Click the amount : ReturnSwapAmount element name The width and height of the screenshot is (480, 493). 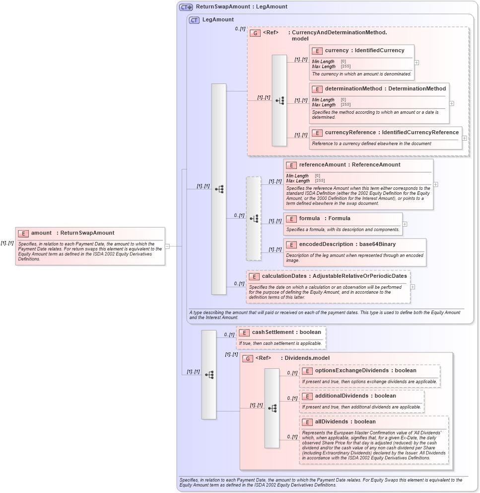[72, 233]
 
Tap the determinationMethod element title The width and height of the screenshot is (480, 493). [385, 88]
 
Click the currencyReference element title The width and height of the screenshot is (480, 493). [392, 132]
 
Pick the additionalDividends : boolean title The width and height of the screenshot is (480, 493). [355, 396]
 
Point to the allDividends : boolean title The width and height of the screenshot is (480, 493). [345, 421]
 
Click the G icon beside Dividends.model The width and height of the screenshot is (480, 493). [248, 358]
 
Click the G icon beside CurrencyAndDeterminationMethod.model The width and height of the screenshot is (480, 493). [255, 33]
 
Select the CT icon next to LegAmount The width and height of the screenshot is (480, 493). [194, 20]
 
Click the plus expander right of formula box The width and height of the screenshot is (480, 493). [405, 224]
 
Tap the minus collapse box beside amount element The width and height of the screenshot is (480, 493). [167, 246]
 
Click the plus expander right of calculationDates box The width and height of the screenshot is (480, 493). [413, 287]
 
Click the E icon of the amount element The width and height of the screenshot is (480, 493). [23, 233]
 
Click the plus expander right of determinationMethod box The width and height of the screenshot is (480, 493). [452, 103]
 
